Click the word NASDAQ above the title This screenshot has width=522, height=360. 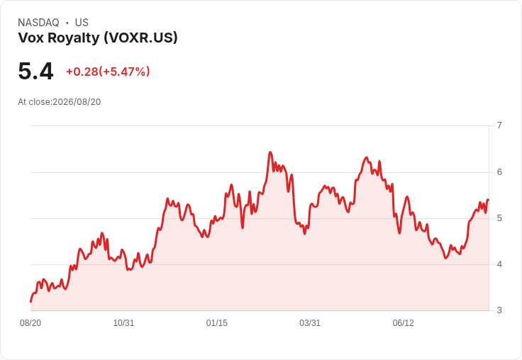38,23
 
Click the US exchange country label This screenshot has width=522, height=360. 82,23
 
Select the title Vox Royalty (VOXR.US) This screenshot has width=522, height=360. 98,38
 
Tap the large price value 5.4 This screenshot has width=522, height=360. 35,71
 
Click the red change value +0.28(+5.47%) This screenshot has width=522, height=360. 108,72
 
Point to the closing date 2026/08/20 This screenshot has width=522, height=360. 77,102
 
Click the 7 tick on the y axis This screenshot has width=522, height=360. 499,125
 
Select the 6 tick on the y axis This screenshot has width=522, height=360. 499,172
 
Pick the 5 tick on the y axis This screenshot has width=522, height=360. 499,218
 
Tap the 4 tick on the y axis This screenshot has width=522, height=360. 499,264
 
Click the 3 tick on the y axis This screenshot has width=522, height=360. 499,310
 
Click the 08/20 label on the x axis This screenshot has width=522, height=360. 30,323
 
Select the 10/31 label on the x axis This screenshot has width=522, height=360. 123,323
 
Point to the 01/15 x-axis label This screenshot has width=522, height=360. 217,323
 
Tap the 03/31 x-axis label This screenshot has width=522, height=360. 310,323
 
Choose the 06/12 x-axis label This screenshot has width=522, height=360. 403,323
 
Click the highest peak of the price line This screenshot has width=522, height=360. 270,152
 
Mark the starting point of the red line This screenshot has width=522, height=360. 30,302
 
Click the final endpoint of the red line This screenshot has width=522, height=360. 488,200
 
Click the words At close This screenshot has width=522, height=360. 34,102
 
